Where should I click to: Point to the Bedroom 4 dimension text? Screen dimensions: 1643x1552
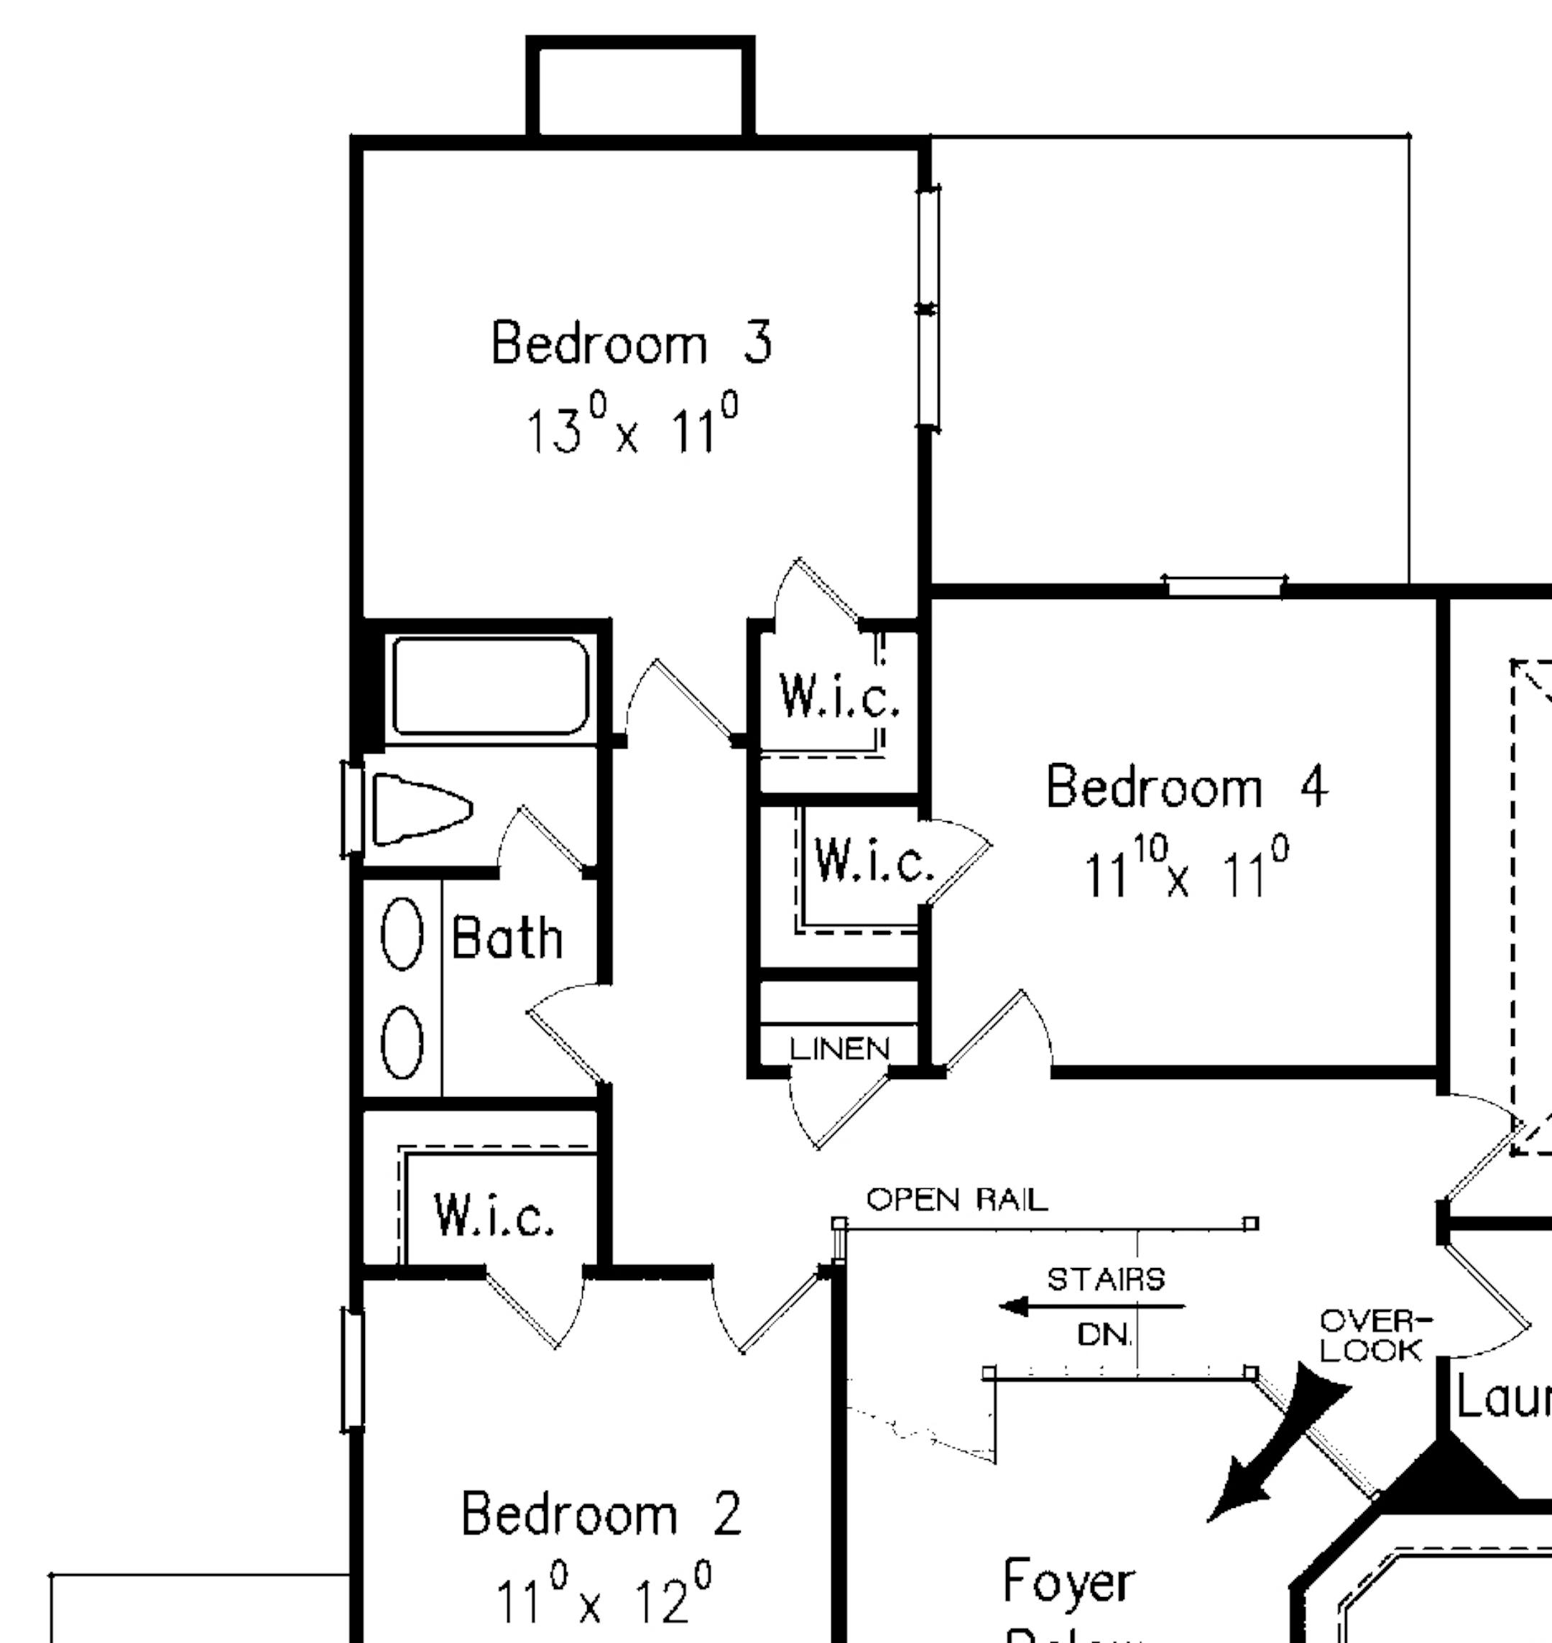coord(1186,869)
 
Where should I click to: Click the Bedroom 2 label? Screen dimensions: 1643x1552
coord(601,1514)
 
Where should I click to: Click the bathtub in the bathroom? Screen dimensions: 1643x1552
coord(491,686)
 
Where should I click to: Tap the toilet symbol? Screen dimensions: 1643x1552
coord(421,809)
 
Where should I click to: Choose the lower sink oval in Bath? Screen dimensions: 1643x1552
coord(402,1042)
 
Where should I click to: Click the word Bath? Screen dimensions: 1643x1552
coord(507,938)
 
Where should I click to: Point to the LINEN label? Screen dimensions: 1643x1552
coord(839,1049)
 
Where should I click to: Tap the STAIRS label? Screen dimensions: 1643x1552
coord(1105,1279)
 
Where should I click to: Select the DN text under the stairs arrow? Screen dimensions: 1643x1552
coord(1104,1333)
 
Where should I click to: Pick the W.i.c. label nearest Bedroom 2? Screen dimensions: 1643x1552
coord(494,1216)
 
